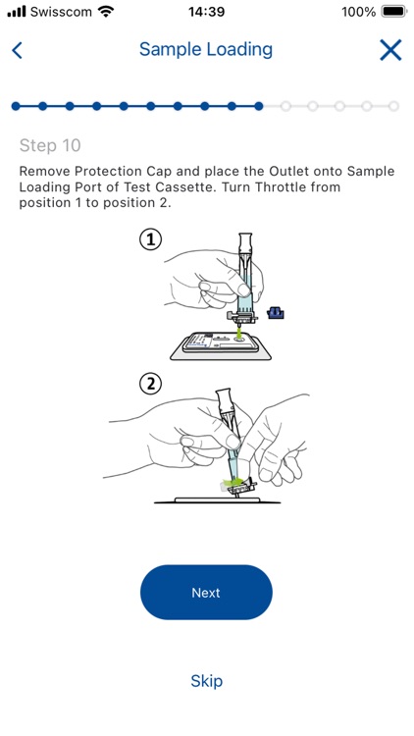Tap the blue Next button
(x=206, y=592)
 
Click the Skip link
(x=206, y=681)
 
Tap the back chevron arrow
(x=17, y=50)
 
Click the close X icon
(x=390, y=50)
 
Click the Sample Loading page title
(x=206, y=50)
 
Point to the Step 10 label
(x=50, y=145)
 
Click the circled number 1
(x=151, y=240)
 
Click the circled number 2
(x=151, y=385)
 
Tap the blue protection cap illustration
(x=276, y=312)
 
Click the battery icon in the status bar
(x=393, y=11)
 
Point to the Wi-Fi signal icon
(x=107, y=11)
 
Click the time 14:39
(x=207, y=12)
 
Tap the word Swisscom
(x=61, y=12)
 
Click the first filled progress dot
(x=16, y=106)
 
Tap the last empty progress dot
(x=393, y=106)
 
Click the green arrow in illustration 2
(x=234, y=482)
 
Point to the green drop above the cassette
(x=240, y=334)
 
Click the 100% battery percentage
(x=359, y=12)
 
